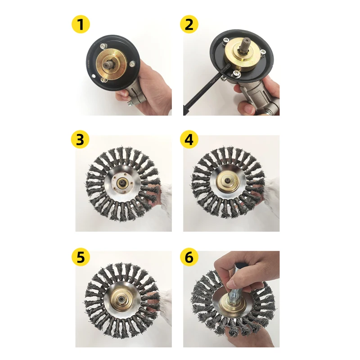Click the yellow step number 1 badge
click(81, 25)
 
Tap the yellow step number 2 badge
click(189, 25)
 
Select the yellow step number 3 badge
click(81, 140)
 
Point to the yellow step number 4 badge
click(189, 140)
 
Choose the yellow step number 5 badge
click(81, 257)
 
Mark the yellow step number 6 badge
click(189, 257)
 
